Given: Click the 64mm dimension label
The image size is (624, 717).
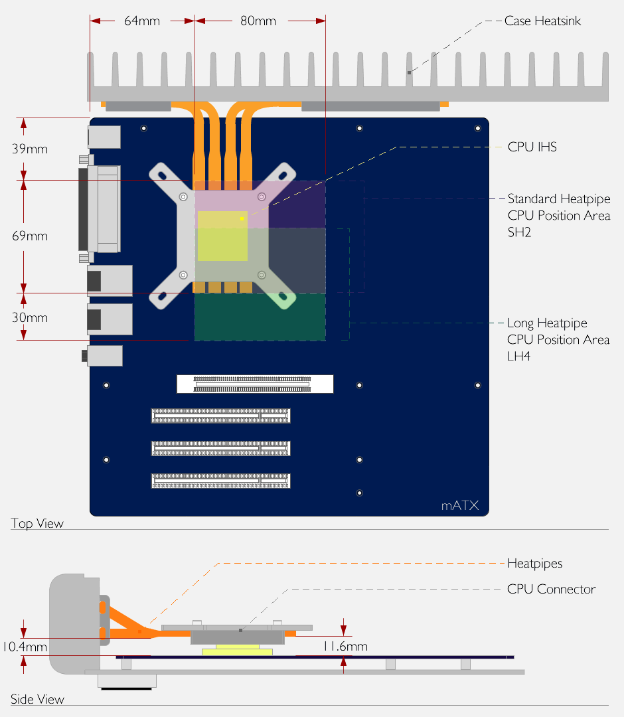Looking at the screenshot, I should pos(142,21).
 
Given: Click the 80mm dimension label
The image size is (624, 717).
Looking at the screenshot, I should pos(258,21).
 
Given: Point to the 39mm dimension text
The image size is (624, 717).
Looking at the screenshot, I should pos(30,149).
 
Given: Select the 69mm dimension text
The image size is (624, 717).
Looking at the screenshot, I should pos(30,236).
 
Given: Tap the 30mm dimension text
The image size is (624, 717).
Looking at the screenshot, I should pos(30,317).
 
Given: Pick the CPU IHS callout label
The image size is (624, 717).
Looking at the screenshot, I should pos(532,147).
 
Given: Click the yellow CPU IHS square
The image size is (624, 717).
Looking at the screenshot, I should pos(222,235).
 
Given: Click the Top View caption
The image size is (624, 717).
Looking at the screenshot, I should pos(37,523).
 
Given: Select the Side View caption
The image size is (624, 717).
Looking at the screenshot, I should pos(37,699).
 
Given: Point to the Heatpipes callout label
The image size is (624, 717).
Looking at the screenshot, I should pos(534,564).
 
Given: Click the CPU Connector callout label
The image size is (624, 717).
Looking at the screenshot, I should pos(551,590).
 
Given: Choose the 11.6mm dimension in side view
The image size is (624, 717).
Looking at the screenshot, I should pos(345,647).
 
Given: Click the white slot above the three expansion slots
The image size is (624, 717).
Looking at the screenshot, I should pos(255,384).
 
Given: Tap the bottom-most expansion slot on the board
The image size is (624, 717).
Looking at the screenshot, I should pos(220,481).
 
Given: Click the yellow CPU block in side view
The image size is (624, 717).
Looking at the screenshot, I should pos(237,651).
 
